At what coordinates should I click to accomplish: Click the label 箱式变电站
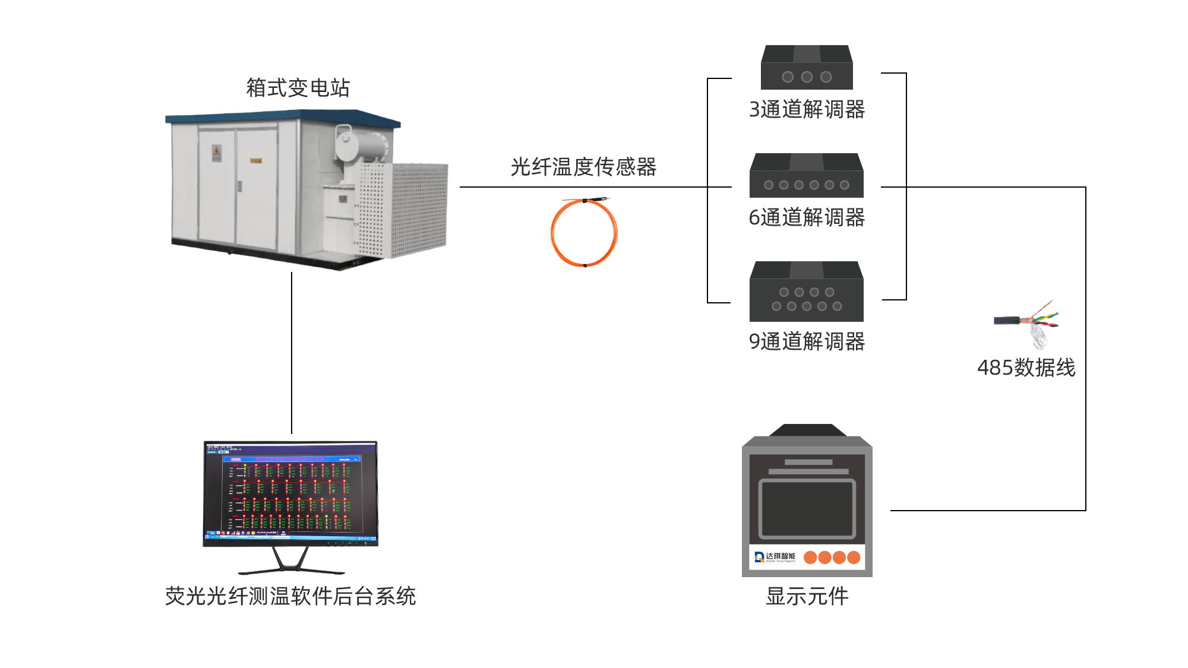[x=298, y=87]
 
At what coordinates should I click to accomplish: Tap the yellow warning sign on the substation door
[x=217, y=153]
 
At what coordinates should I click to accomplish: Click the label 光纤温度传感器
[x=583, y=167]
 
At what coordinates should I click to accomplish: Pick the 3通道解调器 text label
[x=807, y=109]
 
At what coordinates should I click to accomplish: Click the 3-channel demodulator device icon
[x=807, y=67]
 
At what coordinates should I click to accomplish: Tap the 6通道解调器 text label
[x=807, y=217]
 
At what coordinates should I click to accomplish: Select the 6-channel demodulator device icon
[x=806, y=176]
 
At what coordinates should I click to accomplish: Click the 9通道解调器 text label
[x=807, y=341]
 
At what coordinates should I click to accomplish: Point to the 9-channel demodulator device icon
[x=806, y=292]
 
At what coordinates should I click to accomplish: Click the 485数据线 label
[x=1026, y=368]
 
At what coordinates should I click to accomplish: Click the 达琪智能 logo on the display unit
[x=775, y=557]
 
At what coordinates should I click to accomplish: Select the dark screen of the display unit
[x=807, y=509]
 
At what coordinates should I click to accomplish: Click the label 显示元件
[x=807, y=596]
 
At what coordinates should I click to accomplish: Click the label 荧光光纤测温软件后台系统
[x=290, y=596]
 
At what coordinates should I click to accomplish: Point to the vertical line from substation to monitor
[x=291, y=353]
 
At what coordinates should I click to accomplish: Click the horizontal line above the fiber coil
[x=582, y=187]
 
